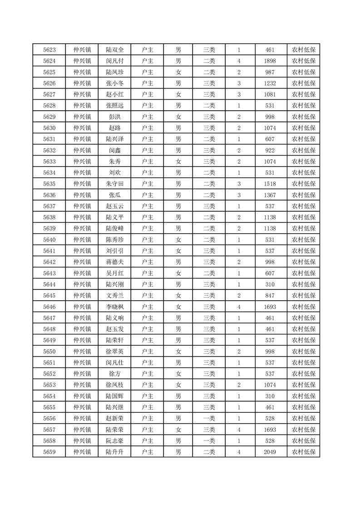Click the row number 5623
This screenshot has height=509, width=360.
[x=49, y=50]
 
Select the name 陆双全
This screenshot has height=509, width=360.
[x=114, y=50]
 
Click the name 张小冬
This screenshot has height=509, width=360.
[x=114, y=83]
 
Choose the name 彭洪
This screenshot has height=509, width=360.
[x=114, y=117]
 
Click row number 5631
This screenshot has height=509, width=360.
[x=49, y=139]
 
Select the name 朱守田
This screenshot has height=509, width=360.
[x=114, y=184]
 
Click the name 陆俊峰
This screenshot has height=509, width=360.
[x=114, y=229]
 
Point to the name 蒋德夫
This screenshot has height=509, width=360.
[x=114, y=262]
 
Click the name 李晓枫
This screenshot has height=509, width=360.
[x=114, y=307]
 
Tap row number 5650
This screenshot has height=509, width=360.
[x=49, y=351]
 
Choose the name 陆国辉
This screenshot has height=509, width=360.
[x=114, y=396]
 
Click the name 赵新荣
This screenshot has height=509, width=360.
[x=114, y=418]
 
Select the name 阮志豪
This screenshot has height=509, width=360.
[x=114, y=440]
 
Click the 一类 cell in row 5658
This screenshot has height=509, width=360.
[x=209, y=440]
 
